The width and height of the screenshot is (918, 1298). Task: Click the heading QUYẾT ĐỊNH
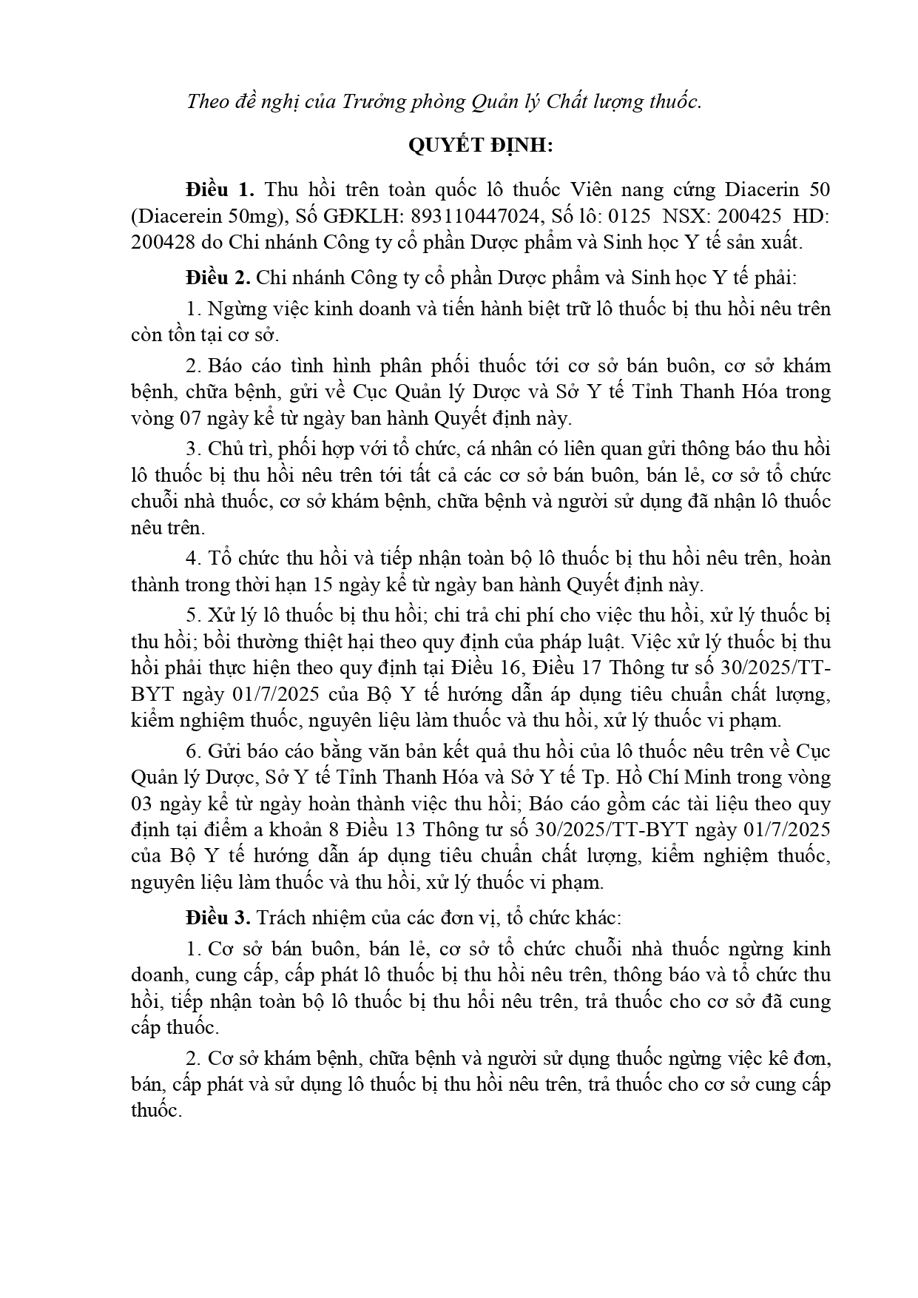[x=481, y=146]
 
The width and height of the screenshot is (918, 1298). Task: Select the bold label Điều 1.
[x=220, y=189]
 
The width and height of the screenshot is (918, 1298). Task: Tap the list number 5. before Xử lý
[x=194, y=615]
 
